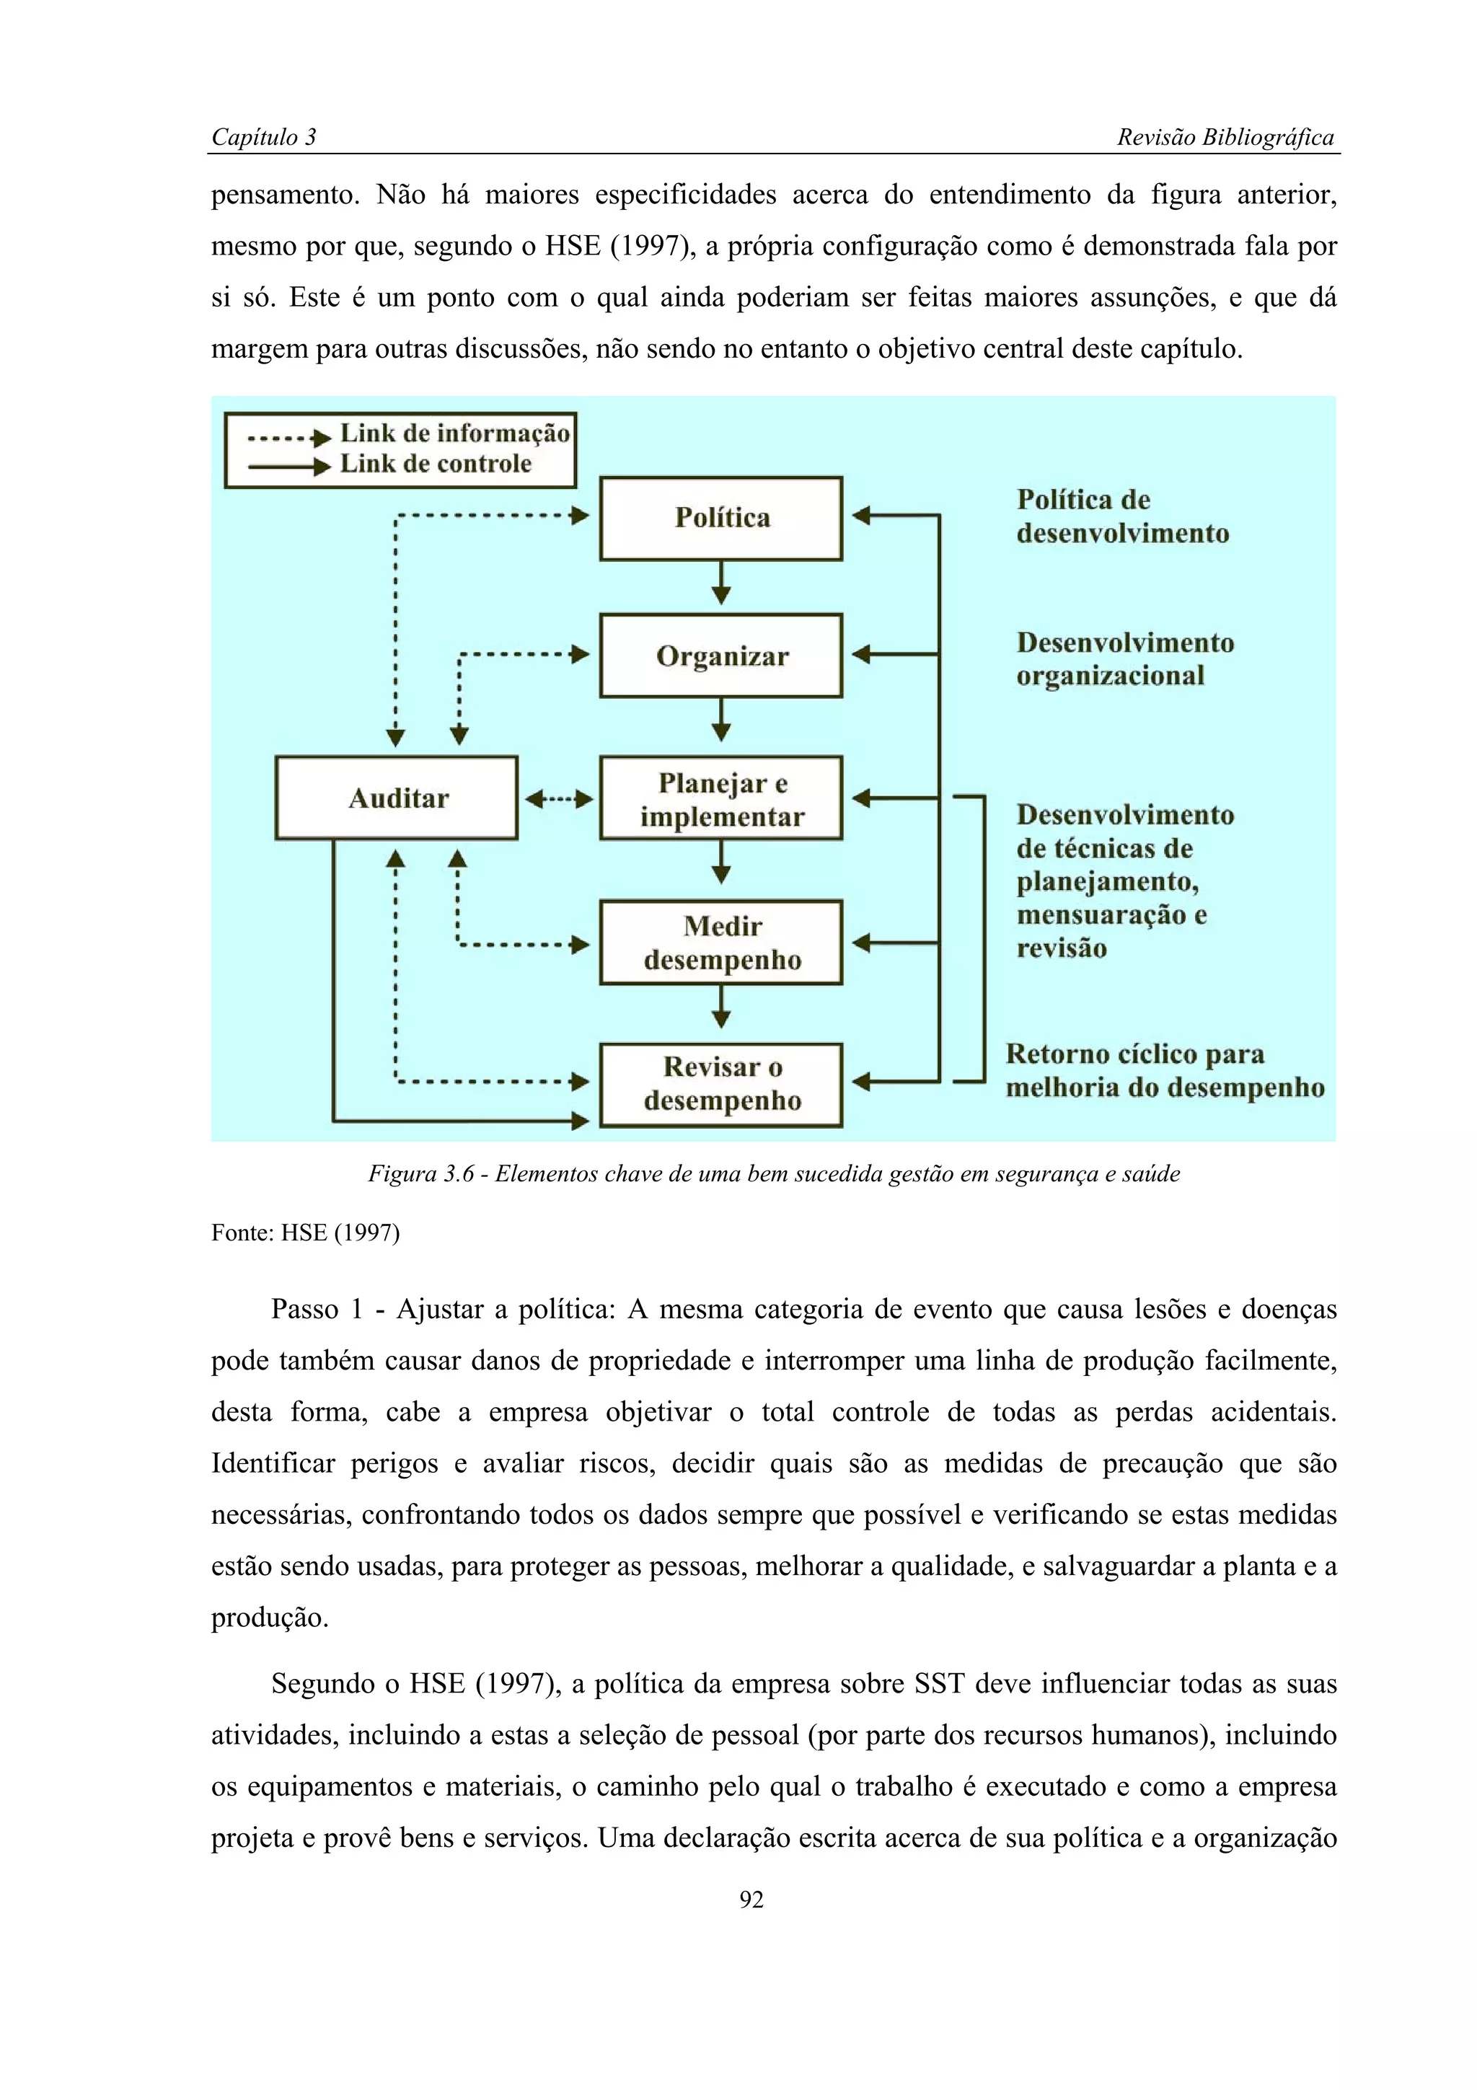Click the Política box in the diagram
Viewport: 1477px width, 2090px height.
click(720, 518)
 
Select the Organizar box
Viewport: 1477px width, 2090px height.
click(720, 656)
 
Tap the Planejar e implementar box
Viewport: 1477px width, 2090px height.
click(720, 798)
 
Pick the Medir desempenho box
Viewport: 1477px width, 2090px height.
click(720, 942)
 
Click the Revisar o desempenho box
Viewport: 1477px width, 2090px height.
click(720, 1084)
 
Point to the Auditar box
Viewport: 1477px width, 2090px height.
click(397, 798)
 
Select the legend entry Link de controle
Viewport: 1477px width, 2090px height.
click(435, 464)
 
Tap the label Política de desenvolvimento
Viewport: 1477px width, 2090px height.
click(1121, 516)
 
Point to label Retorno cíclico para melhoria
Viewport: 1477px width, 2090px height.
click(1163, 1070)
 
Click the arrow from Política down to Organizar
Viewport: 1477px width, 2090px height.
click(720, 583)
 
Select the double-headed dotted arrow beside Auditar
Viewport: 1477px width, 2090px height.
click(559, 799)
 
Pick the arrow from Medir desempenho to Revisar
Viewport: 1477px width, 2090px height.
click(720, 1006)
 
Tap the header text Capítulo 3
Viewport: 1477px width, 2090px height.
click(263, 138)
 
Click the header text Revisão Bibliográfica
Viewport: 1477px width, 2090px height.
click(1224, 138)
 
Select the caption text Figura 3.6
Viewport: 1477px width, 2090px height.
click(420, 1174)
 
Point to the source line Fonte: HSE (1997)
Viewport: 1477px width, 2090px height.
click(305, 1233)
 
